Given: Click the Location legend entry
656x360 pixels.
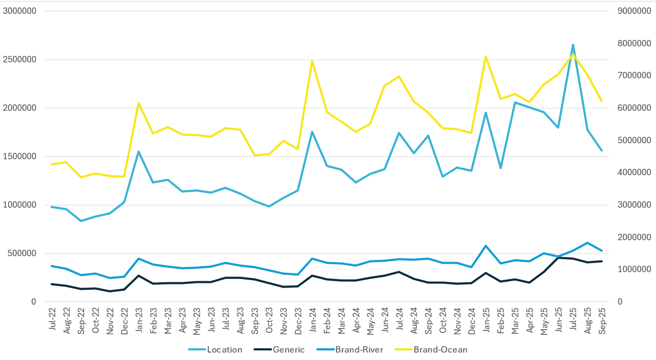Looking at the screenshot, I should coord(224,350).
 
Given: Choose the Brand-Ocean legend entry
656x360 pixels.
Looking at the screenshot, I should coord(440,350).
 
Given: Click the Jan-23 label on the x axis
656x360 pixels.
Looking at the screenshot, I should coord(138,321).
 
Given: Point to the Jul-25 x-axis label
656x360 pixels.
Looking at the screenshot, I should coord(573,321).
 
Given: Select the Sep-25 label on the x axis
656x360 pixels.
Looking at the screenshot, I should coord(602,321).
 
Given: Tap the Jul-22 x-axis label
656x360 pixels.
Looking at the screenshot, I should coord(52,321).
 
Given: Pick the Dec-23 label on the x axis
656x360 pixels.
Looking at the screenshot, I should coord(298,321).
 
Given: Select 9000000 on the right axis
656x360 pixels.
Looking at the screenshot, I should coord(634,11).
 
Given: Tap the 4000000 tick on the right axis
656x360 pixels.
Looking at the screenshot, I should coord(634,173).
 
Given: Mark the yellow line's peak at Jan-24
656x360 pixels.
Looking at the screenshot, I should coord(312,61).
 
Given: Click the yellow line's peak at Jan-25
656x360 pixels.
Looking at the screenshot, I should coord(486,56).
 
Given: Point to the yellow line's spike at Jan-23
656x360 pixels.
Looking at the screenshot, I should coord(138,103).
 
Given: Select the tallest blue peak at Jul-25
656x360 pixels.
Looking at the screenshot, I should coord(573,45).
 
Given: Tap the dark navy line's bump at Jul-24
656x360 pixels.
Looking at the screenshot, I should coord(399,272).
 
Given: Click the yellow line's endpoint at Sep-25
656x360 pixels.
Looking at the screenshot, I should coord(602,101).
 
